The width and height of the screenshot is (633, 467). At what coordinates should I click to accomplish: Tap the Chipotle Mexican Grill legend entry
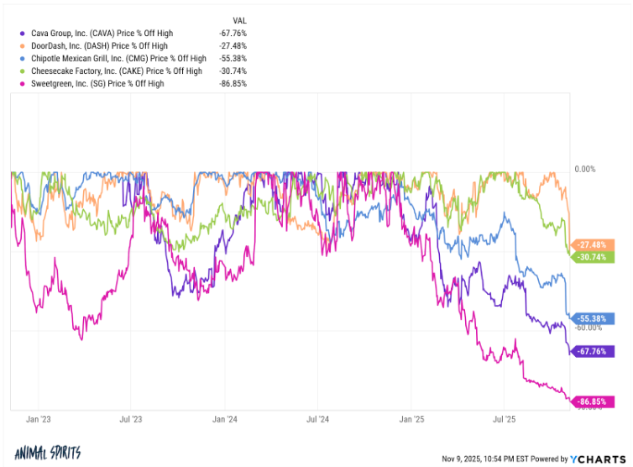[118, 58]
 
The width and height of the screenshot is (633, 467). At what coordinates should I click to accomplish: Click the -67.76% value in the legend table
[233, 33]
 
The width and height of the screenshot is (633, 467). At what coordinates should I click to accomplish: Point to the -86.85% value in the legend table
[233, 84]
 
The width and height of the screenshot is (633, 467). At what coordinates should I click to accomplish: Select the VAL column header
[238, 19]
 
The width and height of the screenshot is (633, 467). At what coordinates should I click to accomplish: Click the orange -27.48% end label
[595, 244]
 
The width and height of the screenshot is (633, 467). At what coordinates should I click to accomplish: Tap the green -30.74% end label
[595, 257]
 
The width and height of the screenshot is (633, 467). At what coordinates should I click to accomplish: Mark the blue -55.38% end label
[595, 319]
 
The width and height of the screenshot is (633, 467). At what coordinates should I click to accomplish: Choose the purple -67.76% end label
[595, 351]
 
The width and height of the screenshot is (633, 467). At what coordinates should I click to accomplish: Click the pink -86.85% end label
[595, 402]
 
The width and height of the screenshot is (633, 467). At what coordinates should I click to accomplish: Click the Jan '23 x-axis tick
[38, 417]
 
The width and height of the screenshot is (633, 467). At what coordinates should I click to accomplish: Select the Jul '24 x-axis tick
[318, 417]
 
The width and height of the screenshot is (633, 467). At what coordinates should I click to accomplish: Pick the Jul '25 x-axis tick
[504, 417]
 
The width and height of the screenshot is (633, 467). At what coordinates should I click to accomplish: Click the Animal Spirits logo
[48, 454]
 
